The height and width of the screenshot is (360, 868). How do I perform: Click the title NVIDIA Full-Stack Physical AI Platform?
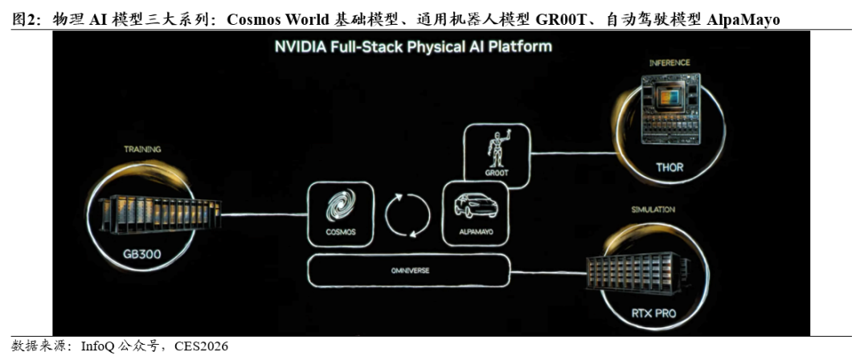(414, 46)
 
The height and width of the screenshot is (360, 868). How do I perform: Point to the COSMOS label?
(341, 232)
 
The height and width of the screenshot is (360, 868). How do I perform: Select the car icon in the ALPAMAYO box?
(475, 205)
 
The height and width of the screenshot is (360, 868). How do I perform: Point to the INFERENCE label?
(669, 63)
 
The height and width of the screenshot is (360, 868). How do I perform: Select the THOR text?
(669, 167)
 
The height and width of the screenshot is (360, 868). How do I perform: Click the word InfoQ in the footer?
(98, 347)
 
